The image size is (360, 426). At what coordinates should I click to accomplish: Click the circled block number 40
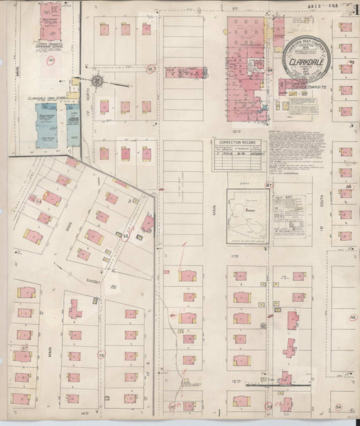pyautogui.click(x=50, y=61)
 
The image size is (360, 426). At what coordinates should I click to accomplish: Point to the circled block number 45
pyautogui.click(x=151, y=70)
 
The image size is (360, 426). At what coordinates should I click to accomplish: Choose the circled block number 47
pyautogui.click(x=268, y=185)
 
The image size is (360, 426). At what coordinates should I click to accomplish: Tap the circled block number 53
pyautogui.click(x=126, y=236)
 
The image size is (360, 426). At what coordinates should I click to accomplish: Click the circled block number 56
pyautogui.click(x=102, y=355)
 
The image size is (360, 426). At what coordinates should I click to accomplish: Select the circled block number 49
pyautogui.click(x=352, y=317)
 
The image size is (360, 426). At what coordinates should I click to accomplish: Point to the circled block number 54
pyautogui.click(x=339, y=406)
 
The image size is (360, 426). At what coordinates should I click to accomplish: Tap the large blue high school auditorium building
pyautogui.click(x=47, y=125)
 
